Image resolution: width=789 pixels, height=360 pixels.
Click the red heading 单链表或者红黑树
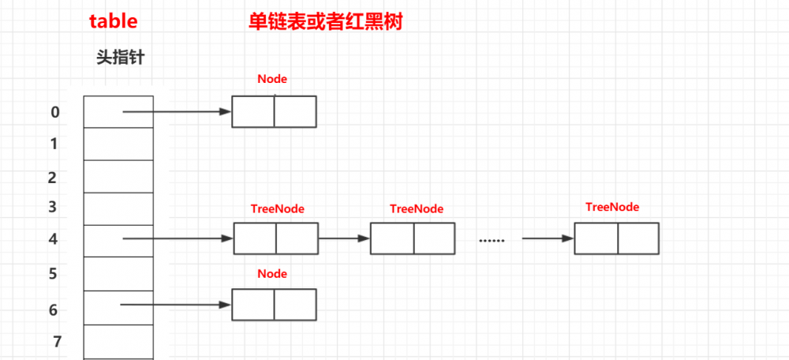[326, 21]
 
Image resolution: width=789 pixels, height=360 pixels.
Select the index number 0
[54, 112]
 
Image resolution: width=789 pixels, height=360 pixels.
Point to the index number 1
[54, 144]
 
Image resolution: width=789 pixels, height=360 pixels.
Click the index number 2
[52, 178]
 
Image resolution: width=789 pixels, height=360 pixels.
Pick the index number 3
[53, 208]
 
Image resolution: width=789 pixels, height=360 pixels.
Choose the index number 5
[53, 274]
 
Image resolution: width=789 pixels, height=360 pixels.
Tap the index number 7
[57, 342]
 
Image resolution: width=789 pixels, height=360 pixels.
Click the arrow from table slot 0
[176, 112]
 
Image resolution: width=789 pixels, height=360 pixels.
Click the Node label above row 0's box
[272, 80]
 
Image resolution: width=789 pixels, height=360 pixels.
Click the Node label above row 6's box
[272, 274]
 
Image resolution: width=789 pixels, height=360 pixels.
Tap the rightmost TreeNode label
[612, 207]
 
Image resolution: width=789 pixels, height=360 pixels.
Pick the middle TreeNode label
[417, 209]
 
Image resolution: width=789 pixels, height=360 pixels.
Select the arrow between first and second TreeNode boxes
[344, 238]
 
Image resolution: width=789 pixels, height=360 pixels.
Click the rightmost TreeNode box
[616, 238]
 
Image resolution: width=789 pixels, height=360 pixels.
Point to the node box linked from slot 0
[274, 111]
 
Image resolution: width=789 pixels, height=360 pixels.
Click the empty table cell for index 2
[118, 176]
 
